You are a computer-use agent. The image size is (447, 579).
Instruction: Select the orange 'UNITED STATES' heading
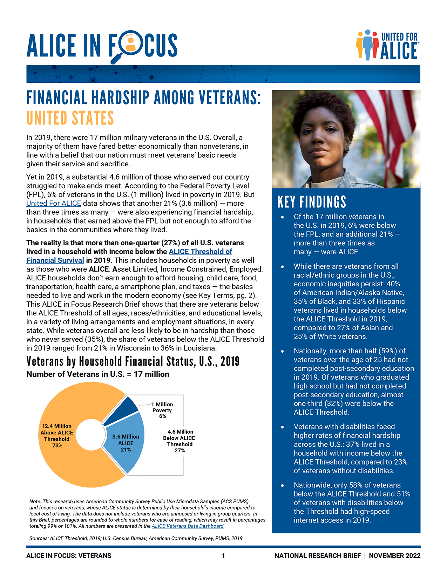(x=70, y=118)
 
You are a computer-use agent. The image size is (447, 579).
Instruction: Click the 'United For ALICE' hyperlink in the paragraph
(x=54, y=204)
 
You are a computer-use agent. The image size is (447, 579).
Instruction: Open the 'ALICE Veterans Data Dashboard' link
(x=188, y=526)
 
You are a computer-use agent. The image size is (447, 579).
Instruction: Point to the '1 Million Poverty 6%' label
(x=162, y=410)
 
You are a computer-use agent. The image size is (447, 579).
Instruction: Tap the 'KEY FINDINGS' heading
(x=312, y=202)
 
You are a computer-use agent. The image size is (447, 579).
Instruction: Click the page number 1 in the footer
(x=223, y=556)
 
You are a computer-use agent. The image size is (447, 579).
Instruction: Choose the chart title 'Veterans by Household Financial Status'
(x=133, y=361)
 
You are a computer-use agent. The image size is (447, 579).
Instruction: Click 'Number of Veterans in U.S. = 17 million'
(x=98, y=374)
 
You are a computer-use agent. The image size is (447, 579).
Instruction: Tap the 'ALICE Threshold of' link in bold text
(x=201, y=252)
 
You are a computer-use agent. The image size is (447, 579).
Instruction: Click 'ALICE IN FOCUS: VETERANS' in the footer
(x=69, y=556)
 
